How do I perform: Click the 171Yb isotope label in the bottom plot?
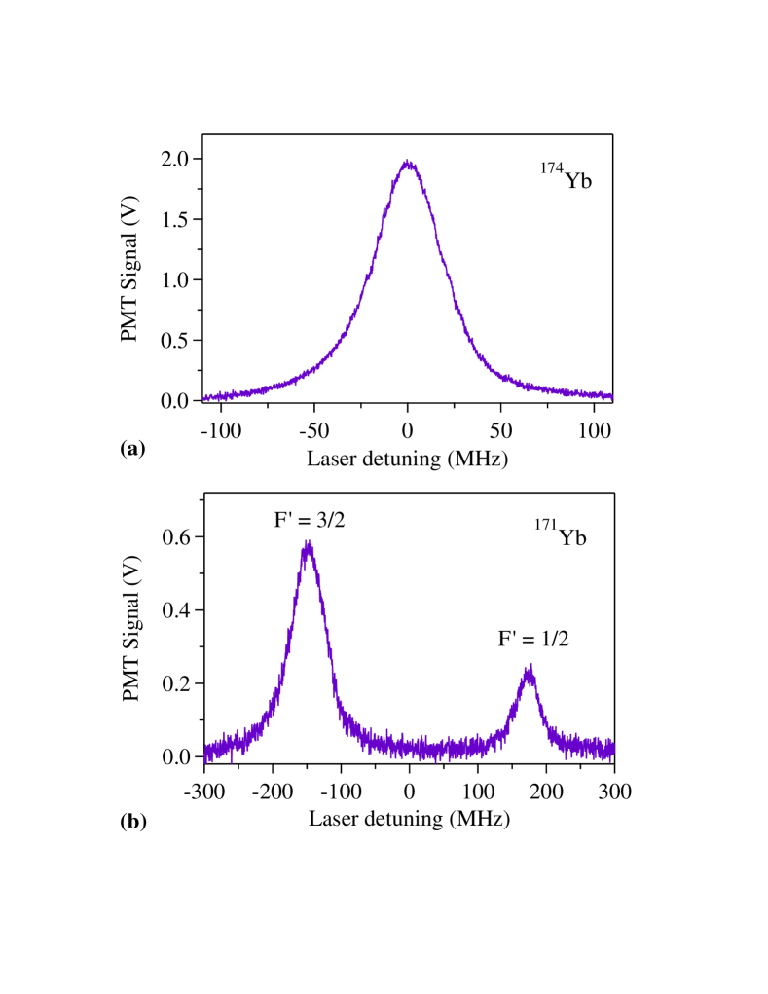pos(560,534)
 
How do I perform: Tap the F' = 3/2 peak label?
pos(308,520)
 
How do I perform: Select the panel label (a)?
pos(132,448)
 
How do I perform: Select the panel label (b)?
pos(132,821)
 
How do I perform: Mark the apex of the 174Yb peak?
pos(409,163)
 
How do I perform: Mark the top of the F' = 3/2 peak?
pos(308,544)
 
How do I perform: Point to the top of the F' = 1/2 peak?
pos(529,669)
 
